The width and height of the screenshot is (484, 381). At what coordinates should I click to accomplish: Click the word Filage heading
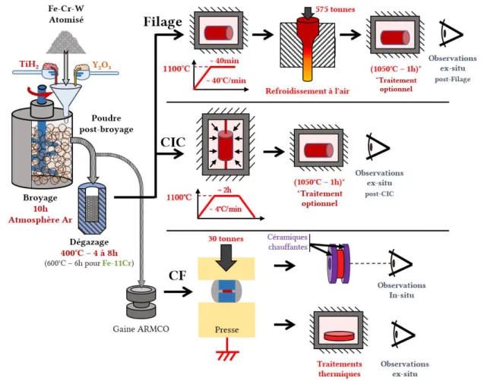(x=163, y=22)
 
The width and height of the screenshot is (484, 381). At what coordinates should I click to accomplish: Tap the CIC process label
(x=172, y=142)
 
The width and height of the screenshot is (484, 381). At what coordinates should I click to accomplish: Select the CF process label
(x=177, y=276)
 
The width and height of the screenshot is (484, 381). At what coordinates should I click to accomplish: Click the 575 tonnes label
(x=335, y=9)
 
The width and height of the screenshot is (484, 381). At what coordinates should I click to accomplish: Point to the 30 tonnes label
(x=226, y=238)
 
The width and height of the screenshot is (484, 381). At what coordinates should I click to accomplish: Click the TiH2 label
(x=29, y=64)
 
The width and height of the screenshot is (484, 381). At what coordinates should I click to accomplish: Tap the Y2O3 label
(x=102, y=65)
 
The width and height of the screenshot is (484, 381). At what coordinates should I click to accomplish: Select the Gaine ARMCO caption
(x=141, y=329)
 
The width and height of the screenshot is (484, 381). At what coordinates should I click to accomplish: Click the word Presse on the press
(x=227, y=329)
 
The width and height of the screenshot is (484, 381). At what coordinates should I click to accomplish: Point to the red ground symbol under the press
(x=227, y=351)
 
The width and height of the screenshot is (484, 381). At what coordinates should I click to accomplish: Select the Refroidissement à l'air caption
(x=308, y=91)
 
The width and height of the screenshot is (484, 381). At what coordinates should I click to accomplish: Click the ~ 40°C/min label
(x=226, y=80)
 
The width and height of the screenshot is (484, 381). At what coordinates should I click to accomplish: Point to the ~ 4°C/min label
(x=225, y=209)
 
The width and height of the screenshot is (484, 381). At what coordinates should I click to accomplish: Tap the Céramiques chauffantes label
(x=287, y=242)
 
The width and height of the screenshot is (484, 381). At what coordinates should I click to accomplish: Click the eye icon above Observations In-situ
(x=400, y=263)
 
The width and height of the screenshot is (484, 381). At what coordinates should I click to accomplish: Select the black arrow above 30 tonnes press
(x=226, y=258)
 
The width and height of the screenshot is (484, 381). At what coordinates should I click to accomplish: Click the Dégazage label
(x=89, y=242)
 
